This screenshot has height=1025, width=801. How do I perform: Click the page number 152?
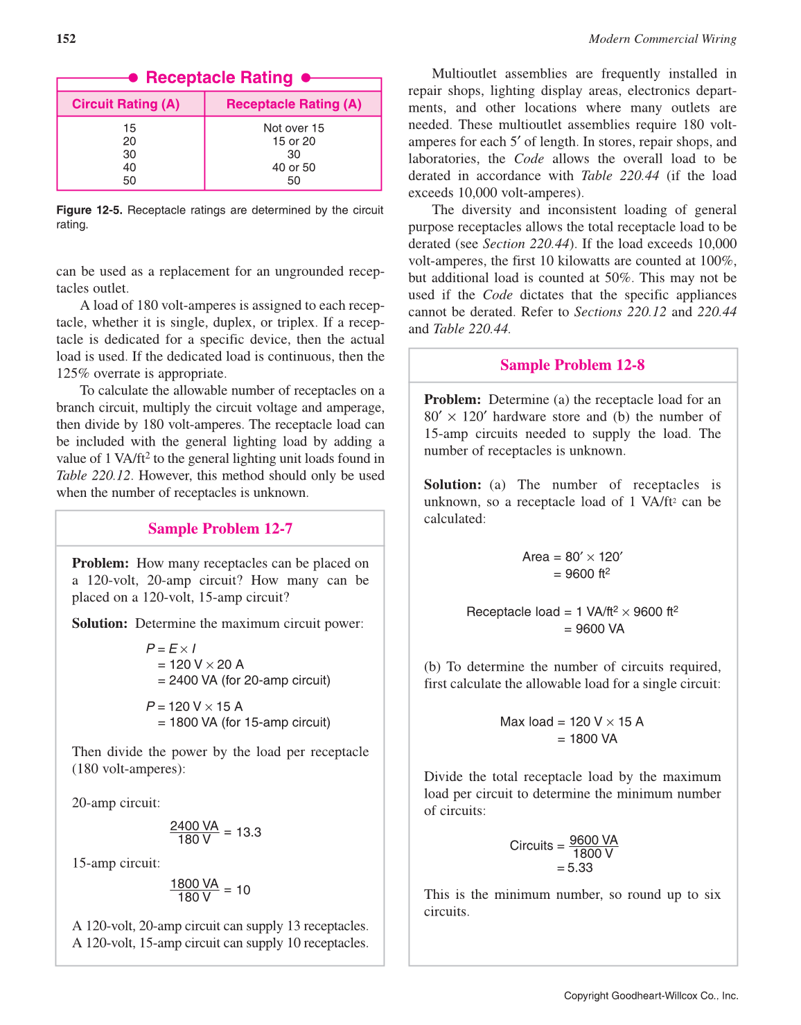(66, 39)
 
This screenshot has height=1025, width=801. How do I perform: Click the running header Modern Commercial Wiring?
(662, 39)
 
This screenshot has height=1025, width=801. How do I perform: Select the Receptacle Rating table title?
(219, 78)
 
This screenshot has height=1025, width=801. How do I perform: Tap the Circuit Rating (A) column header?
(126, 104)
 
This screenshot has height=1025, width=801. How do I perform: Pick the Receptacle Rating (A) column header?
(294, 104)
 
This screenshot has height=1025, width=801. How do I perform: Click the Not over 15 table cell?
(294, 128)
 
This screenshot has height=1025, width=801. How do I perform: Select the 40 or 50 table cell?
(294, 168)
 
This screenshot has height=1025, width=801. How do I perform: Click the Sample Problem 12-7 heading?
(220, 529)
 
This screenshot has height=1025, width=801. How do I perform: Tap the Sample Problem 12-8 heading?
(572, 365)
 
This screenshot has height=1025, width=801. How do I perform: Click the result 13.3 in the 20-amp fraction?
(249, 832)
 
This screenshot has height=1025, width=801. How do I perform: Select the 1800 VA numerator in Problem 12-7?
(195, 884)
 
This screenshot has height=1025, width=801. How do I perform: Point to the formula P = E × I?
(171, 649)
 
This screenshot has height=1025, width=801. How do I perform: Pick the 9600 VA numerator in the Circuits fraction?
(594, 840)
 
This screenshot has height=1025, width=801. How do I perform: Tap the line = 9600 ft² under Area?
(581, 574)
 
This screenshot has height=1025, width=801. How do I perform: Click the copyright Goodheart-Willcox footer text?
(651, 996)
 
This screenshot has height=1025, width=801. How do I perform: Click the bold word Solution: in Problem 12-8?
(452, 484)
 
